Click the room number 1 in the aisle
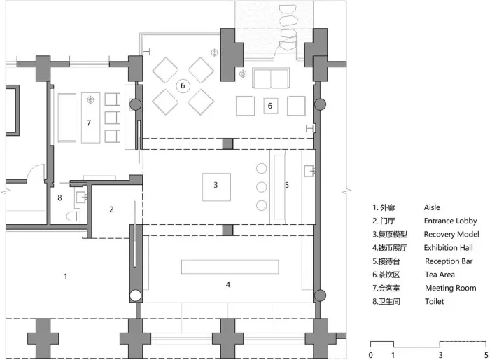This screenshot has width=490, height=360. coord(66,277)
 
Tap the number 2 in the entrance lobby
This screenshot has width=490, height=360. coord(111,209)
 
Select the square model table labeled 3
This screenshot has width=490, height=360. coord(217,186)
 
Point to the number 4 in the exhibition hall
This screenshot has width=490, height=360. coord(228,285)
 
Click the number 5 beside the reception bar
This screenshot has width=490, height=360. coord(286,186)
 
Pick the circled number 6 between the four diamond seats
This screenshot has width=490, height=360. coord(183,85)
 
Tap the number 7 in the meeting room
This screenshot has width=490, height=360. coord(89,123)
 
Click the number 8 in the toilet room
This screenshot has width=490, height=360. coord(60,198)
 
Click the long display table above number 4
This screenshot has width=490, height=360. coord(230,267)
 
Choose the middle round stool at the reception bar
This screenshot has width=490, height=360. coord(262,187)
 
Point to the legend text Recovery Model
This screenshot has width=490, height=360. coord(451,234)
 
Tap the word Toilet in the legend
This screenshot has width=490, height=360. coord(434,301)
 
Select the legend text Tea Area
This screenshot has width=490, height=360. coord(439,275)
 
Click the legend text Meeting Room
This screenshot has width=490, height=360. coord(450,288)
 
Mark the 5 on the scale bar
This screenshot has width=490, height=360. coord(485,355)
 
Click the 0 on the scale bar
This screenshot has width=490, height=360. coord(370,355)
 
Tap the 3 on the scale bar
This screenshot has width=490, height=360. coord(439,355)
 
